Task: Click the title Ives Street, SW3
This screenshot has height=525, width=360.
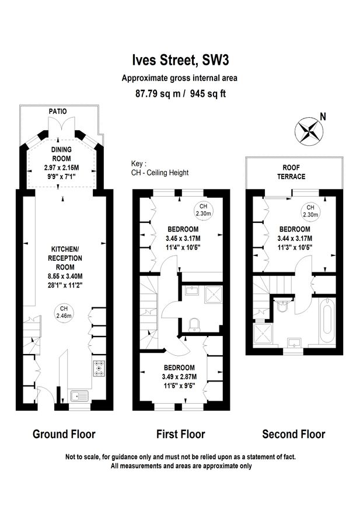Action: tap(180, 60)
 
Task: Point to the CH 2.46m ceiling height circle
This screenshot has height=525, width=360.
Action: tap(64, 312)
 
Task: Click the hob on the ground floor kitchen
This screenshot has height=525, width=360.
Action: tap(98, 368)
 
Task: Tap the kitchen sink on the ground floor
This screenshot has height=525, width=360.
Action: tap(79, 396)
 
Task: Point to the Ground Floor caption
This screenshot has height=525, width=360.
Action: tap(64, 434)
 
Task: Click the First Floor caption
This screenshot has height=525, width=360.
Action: tap(180, 434)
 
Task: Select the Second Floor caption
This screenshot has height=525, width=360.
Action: tap(293, 434)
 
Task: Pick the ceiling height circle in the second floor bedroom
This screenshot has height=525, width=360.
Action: tap(310, 211)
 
